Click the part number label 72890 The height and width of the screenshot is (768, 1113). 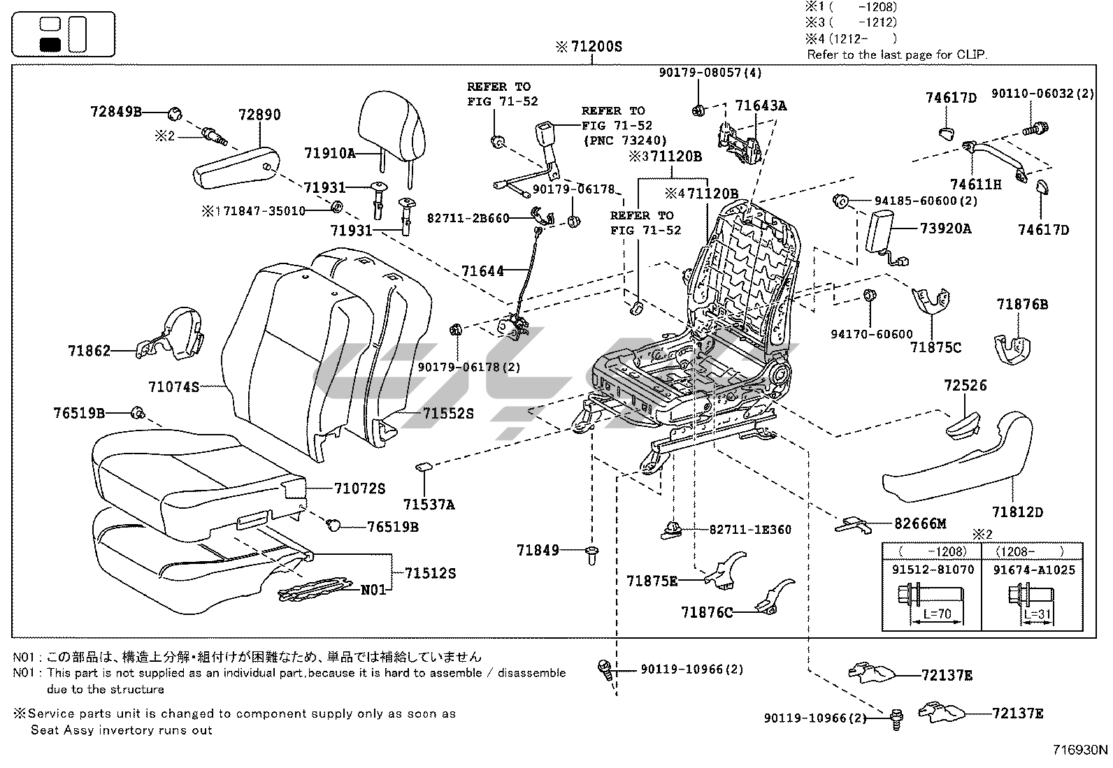point(259,115)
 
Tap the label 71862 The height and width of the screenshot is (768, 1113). point(89,351)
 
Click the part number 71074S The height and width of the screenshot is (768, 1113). point(174,386)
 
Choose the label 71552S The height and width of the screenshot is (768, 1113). point(447,414)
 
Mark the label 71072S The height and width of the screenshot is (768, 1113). point(359,488)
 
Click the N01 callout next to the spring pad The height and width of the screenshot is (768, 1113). point(373,590)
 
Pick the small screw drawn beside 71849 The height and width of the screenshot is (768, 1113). point(592,555)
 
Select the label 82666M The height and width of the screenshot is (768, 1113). point(920,523)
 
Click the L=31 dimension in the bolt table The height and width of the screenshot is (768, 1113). point(1038,615)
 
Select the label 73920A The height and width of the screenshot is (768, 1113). point(945,229)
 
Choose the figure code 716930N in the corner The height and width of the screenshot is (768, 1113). point(1080,751)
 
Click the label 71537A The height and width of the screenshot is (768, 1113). point(429,504)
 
